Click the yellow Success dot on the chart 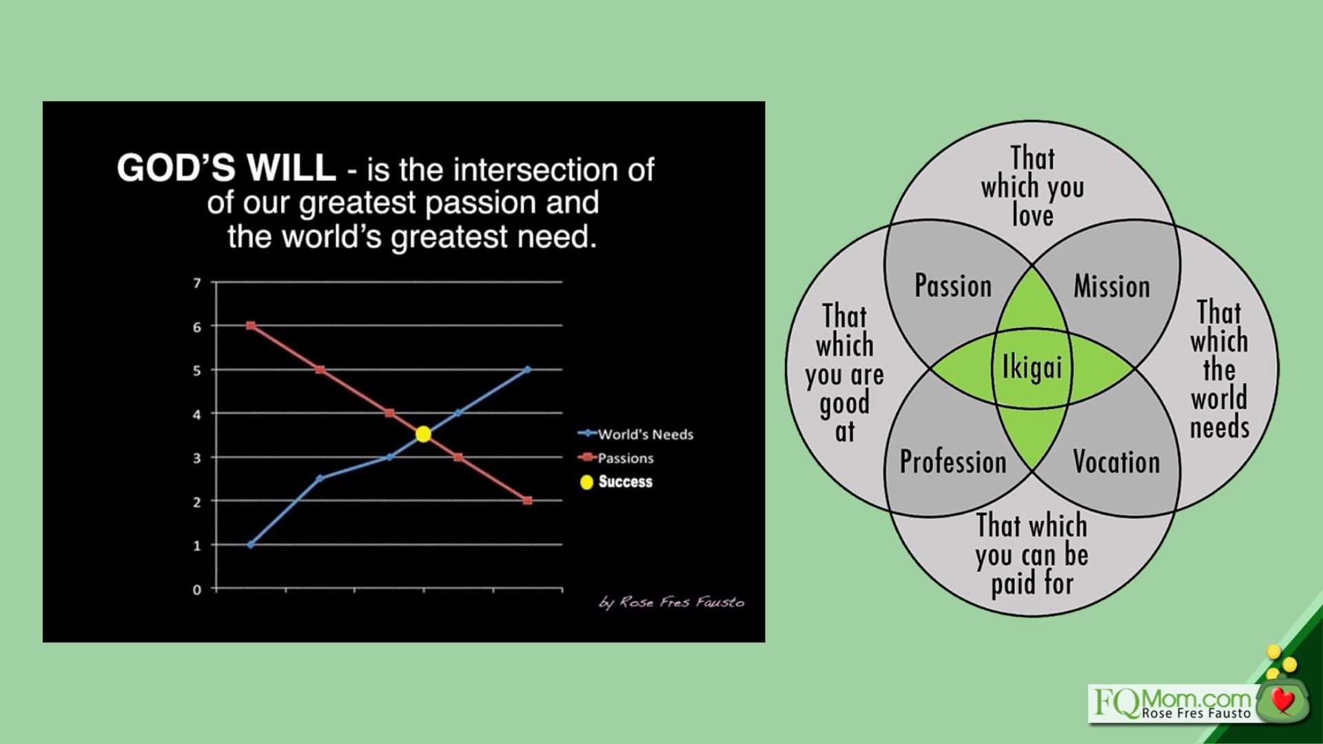click(x=423, y=434)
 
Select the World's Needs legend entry click(x=635, y=434)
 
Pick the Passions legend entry click(x=615, y=457)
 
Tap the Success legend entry click(x=616, y=482)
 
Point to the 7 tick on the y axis click(x=197, y=283)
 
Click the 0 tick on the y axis click(x=197, y=590)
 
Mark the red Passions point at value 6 click(x=251, y=325)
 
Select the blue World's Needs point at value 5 click(x=527, y=369)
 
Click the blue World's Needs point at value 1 click(x=250, y=545)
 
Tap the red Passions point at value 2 click(x=527, y=501)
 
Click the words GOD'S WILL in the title click(x=226, y=167)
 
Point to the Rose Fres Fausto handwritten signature click(x=672, y=603)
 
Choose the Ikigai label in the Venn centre click(x=1032, y=367)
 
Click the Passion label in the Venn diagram click(x=953, y=285)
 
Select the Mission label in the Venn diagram click(x=1111, y=286)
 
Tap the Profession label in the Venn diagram click(x=953, y=462)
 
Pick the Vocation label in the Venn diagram click(x=1116, y=462)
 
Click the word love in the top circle click(x=1032, y=216)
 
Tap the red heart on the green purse click(x=1282, y=700)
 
